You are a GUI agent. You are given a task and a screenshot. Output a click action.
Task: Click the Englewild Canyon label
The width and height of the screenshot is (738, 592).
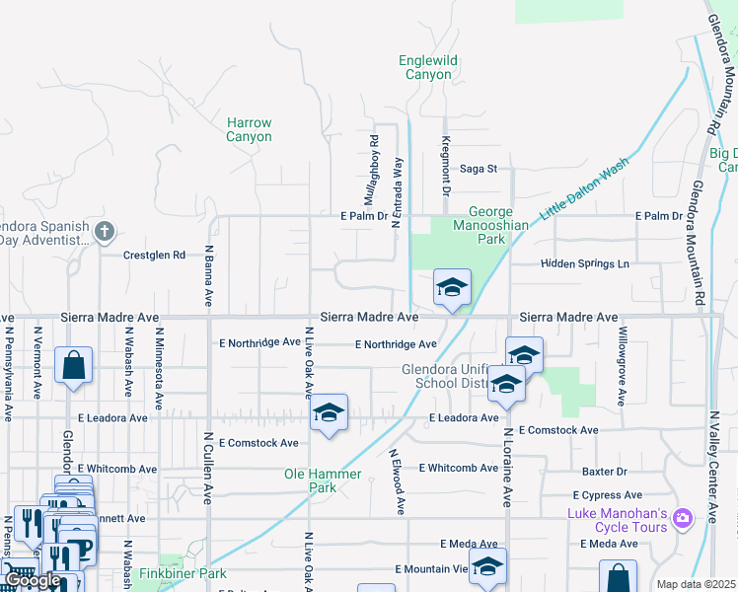coord(428,67)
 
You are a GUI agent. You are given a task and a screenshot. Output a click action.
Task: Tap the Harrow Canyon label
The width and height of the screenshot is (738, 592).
coord(249,129)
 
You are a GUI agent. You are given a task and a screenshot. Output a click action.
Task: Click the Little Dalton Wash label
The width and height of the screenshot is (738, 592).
coord(583,190)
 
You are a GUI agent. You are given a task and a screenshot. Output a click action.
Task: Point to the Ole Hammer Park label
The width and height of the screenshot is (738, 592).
coord(324,481)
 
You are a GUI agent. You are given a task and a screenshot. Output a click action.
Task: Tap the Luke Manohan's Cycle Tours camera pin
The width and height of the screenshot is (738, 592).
coord(708,517)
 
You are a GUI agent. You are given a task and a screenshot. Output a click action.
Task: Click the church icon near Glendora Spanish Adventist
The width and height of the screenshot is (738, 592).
coord(106,233)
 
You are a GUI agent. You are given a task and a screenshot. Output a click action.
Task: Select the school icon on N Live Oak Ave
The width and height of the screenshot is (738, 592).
coord(328,412)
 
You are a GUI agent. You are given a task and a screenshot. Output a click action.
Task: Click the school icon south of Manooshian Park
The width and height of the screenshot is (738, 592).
coord(452,287)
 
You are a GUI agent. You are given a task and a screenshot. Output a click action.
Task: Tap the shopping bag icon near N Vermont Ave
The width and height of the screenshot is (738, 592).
coord(74,365)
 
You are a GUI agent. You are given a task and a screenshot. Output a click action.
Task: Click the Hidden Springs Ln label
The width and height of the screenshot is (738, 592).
coord(583,264)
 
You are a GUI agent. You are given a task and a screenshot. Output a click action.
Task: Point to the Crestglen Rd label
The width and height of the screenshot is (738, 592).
coord(154,255)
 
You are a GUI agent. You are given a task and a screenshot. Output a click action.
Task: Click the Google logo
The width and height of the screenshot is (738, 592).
coord(33,580)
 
